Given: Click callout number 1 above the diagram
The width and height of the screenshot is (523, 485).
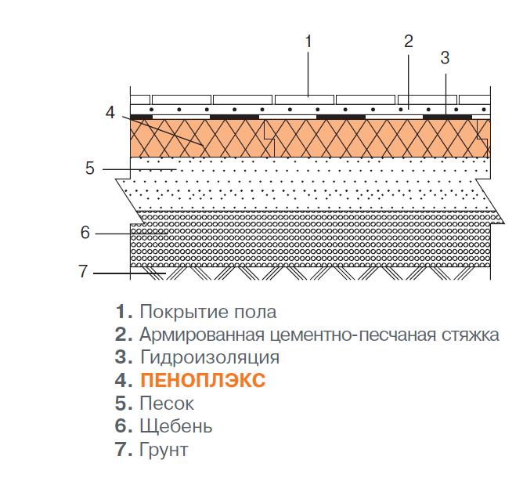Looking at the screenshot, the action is [308, 42].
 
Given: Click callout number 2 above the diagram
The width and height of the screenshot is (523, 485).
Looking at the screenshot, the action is [408, 42].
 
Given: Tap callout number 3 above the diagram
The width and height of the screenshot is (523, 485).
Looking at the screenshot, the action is [445, 58].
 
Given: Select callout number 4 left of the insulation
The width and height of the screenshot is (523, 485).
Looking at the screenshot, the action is [110, 112].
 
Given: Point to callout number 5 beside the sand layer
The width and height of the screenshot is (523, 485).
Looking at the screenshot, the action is [90, 168].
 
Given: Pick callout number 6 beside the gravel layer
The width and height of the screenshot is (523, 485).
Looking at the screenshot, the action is [85, 232].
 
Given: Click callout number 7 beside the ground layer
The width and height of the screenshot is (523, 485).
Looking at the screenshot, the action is [83, 271].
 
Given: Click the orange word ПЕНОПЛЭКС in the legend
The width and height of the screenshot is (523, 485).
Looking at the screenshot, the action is [203, 380].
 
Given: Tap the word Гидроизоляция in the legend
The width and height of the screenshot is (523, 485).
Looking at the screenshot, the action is [210, 357].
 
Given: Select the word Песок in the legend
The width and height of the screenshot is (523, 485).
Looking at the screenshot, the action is [167, 403].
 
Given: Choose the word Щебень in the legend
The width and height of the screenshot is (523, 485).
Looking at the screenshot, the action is [176, 426].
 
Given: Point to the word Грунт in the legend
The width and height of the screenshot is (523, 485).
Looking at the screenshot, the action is [164, 450].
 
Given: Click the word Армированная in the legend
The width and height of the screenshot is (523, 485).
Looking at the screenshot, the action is [202, 335].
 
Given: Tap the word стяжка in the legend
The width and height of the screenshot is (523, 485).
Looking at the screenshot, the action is [471, 335].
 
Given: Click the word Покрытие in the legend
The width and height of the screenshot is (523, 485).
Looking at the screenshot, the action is [184, 313].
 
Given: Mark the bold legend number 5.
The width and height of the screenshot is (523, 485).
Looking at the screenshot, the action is [124, 403].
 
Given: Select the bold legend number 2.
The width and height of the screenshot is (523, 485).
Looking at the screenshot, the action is [124, 335].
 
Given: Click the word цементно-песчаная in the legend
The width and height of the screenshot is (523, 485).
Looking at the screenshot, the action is [353, 335].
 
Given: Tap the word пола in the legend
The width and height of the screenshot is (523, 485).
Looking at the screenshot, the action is [255, 313].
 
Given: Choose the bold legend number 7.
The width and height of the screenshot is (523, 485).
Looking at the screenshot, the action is [124, 449].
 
